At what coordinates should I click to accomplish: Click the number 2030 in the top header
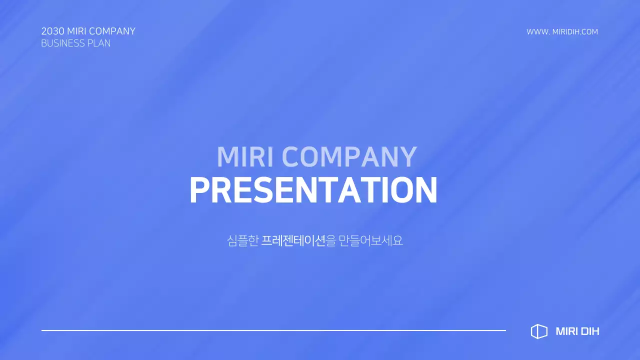(52, 31)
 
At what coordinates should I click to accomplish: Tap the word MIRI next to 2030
(76, 31)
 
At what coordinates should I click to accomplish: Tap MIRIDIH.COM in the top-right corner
(575, 32)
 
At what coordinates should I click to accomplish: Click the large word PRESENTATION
(313, 190)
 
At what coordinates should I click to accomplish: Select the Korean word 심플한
(242, 240)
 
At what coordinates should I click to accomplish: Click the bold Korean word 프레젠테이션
(293, 240)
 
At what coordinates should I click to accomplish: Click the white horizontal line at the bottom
(273, 330)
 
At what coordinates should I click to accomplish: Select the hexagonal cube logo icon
(539, 331)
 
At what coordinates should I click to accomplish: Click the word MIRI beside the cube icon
(566, 331)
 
